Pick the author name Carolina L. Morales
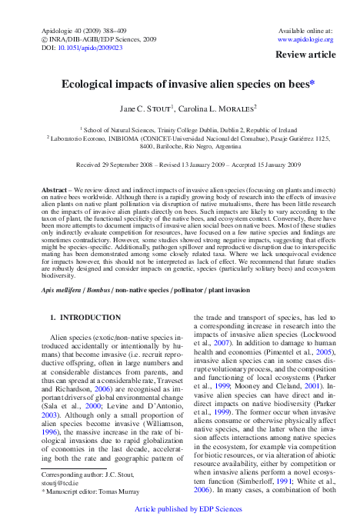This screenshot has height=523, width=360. point(212,108)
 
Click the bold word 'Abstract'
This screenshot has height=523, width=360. point(53,188)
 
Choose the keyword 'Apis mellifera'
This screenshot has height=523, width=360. point(62,268)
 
